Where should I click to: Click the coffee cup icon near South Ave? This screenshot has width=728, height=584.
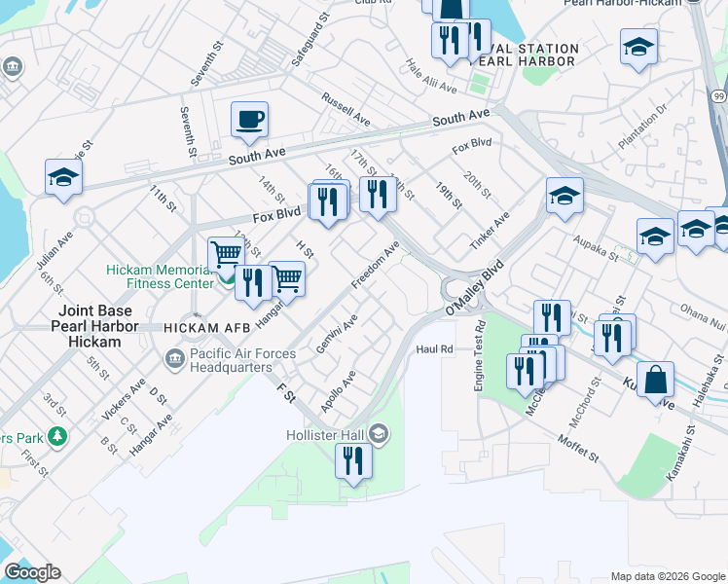click(x=249, y=120)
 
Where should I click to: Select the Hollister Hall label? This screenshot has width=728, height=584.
click(x=329, y=434)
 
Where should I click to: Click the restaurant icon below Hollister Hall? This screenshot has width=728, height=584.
click(x=353, y=461)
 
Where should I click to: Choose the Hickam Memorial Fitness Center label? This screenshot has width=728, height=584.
click(x=160, y=276)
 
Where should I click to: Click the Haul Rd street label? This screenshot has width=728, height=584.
click(x=434, y=348)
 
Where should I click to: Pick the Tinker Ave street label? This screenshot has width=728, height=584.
click(x=490, y=233)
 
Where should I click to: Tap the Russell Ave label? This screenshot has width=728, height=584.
click(x=346, y=108)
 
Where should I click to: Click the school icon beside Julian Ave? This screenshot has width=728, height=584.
click(x=63, y=177)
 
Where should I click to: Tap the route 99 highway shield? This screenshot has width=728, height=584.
click(x=718, y=97)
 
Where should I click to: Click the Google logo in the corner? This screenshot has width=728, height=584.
click(x=32, y=572)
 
